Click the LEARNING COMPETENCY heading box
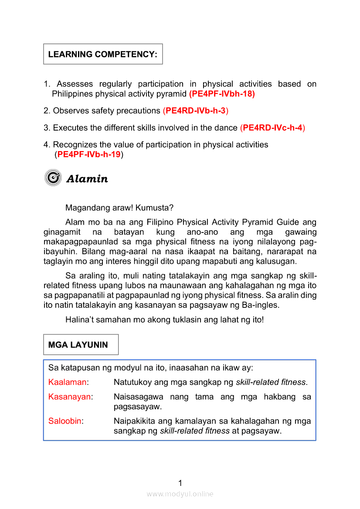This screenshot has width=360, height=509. click(x=103, y=54)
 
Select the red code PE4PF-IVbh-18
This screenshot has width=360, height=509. click(x=222, y=94)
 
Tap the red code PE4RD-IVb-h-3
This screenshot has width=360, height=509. click(x=196, y=111)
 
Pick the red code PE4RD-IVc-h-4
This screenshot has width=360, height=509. click(x=273, y=128)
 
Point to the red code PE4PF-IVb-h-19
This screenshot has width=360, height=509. click(x=89, y=154)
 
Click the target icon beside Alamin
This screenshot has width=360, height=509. click(x=53, y=178)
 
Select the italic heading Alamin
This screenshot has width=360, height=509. click(x=87, y=179)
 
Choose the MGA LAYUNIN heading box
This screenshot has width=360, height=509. click(x=81, y=345)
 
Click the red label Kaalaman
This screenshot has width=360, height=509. click(x=67, y=382)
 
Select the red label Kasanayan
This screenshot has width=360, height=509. click(x=70, y=397)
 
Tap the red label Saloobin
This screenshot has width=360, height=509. click(x=65, y=421)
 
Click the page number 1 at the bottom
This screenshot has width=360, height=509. click(x=180, y=482)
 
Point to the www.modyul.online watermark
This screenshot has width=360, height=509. click(x=180, y=494)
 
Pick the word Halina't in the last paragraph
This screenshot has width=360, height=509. click(x=78, y=320)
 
